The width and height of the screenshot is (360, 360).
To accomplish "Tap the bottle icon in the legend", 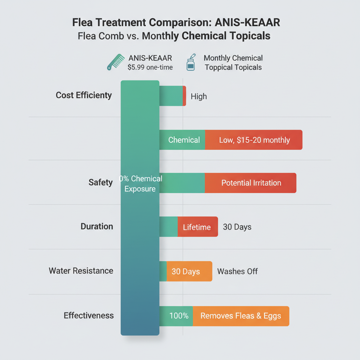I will [x=191, y=62].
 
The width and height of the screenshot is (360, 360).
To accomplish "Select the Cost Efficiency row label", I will [x=84, y=95].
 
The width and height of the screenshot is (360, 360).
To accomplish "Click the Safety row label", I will [x=101, y=182].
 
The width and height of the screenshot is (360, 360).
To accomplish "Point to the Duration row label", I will [x=97, y=226].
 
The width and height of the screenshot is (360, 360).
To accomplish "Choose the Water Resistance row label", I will [x=81, y=271].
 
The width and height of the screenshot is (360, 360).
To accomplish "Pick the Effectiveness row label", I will [x=89, y=315].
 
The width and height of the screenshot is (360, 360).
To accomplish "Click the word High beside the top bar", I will [x=199, y=96].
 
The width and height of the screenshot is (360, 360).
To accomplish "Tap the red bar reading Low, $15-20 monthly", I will [x=254, y=140].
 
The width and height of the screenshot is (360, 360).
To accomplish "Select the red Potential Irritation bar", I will [x=251, y=183].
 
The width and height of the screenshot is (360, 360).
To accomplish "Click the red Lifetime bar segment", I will [x=197, y=227].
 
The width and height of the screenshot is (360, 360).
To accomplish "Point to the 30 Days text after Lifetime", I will [x=237, y=227].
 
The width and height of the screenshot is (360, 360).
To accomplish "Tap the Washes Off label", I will [x=237, y=271].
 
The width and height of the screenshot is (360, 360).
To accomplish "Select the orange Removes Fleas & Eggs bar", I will [x=241, y=316].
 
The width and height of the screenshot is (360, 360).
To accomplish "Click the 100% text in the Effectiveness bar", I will [x=179, y=316].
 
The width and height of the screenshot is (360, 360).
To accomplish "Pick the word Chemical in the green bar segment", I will [x=184, y=140].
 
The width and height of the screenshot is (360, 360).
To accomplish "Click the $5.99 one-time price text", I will [x=150, y=67].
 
